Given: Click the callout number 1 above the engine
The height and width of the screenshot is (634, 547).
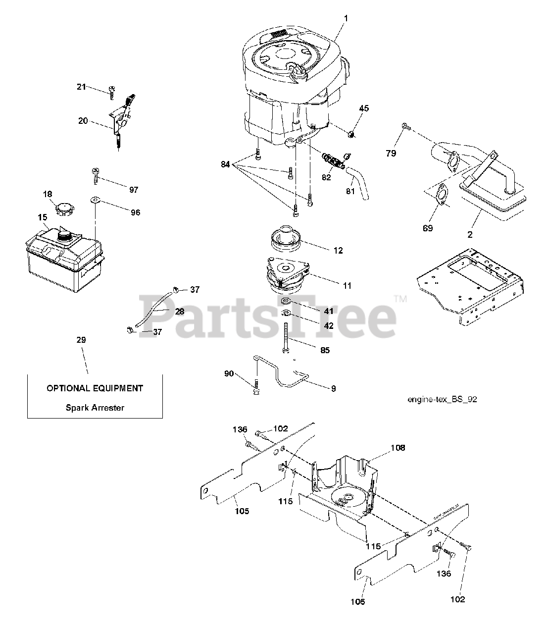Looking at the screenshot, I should [x=346, y=18].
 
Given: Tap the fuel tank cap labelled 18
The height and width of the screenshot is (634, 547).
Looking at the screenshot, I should [x=64, y=209].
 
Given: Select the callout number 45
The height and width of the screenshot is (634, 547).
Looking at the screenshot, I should [x=364, y=108].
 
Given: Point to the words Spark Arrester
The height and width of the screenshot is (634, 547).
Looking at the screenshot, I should [x=95, y=408].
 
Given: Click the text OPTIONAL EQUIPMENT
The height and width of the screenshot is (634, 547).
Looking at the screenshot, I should [x=95, y=388].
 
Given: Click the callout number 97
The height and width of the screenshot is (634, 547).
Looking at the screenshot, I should [x=134, y=189].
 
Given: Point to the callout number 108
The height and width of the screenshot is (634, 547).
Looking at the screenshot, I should [x=398, y=448].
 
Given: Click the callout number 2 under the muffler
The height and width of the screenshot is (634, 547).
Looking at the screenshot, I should [x=470, y=235].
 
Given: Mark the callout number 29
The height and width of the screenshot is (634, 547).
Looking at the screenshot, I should [x=81, y=340].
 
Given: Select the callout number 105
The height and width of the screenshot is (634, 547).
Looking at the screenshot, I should [x=242, y=511].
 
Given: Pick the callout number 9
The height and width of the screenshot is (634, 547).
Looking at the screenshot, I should [x=333, y=389].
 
